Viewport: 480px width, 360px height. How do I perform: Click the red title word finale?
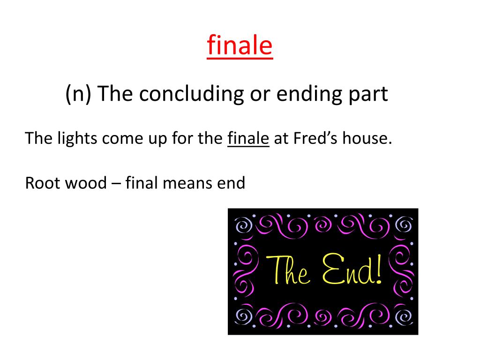click(240, 46)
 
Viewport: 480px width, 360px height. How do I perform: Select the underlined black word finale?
click(248, 139)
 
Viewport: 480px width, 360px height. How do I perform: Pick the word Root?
click(41, 183)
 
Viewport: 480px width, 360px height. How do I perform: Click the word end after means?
click(230, 183)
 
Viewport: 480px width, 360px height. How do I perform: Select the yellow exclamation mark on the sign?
click(378, 270)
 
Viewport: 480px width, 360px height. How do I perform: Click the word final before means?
click(142, 183)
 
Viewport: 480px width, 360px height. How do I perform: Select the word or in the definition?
click(259, 94)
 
